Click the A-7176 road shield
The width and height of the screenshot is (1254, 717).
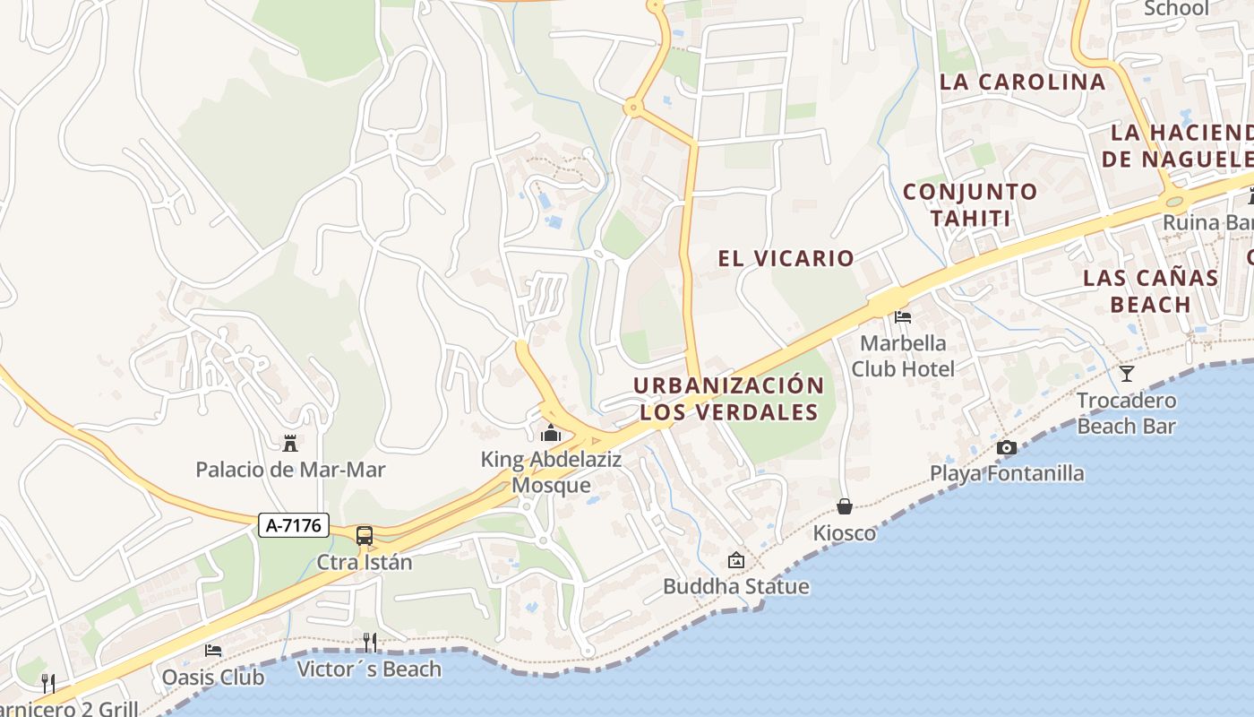pyautogui.click(x=294, y=525)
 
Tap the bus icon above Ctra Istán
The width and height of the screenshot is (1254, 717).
pyautogui.click(x=365, y=536)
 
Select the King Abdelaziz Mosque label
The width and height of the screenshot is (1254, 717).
pyautogui.click(x=551, y=472)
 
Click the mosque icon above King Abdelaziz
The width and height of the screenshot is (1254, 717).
pyautogui.click(x=551, y=434)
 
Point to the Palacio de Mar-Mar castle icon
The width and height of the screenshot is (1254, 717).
pyautogui.click(x=290, y=443)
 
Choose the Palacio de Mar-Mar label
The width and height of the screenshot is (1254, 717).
pyautogui.click(x=290, y=470)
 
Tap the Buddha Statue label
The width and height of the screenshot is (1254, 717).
pyautogui.click(x=735, y=587)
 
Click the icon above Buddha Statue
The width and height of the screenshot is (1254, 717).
pyautogui.click(x=735, y=560)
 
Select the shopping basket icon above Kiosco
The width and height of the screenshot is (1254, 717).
pyautogui.click(x=844, y=506)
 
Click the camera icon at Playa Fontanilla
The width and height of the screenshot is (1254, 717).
pyautogui.click(x=1007, y=447)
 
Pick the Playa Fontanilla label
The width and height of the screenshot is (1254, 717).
pyautogui.click(x=1007, y=473)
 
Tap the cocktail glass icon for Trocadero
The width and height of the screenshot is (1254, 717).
pyautogui.click(x=1126, y=373)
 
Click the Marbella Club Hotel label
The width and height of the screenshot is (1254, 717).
pyautogui.click(x=903, y=356)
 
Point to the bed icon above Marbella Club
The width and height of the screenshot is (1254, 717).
pyautogui.click(x=903, y=317)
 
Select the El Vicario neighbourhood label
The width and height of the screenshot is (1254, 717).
pyautogui.click(x=786, y=259)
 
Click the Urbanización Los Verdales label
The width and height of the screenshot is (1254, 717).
pyautogui.click(x=728, y=399)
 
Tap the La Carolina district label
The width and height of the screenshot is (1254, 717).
pyautogui.click(x=1022, y=82)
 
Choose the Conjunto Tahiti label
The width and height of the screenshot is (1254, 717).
pyautogui.click(x=970, y=204)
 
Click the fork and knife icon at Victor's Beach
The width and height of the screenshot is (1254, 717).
pyautogui.click(x=369, y=642)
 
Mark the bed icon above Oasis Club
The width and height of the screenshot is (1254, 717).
pyautogui.click(x=213, y=650)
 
